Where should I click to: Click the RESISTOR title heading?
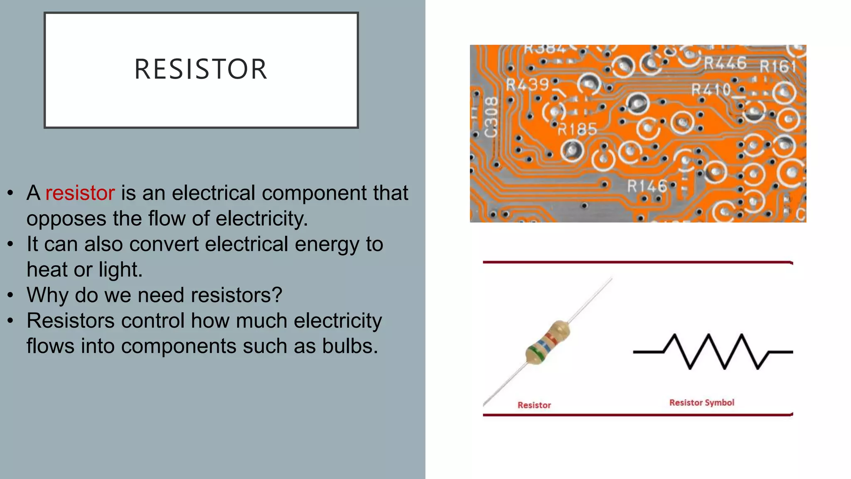(201, 69)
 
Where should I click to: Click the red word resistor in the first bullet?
(80, 193)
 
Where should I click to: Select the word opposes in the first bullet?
(66, 219)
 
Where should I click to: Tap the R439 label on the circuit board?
(527, 85)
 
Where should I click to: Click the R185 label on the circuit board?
(577, 130)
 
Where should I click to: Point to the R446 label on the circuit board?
(725, 63)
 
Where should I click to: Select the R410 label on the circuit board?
(711, 89)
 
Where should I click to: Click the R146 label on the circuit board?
(647, 186)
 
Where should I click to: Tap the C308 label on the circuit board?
(491, 117)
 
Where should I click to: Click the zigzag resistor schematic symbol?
(713, 352)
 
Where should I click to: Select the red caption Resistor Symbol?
(701, 402)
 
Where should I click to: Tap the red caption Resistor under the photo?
(534, 405)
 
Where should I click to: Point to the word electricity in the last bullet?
(337, 321)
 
